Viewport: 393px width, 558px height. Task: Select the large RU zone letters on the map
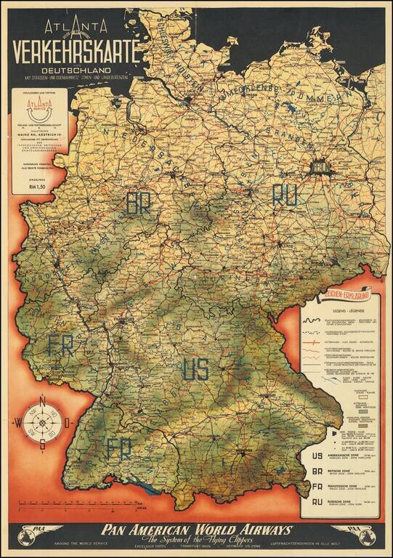point(285,195)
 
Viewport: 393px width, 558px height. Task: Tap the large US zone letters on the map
point(195,369)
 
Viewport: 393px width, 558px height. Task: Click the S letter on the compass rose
point(43,445)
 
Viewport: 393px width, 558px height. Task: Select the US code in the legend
point(316,457)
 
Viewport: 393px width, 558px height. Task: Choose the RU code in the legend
point(316,501)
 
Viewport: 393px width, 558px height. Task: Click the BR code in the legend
point(316,472)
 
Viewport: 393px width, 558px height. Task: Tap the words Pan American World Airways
point(196,530)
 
